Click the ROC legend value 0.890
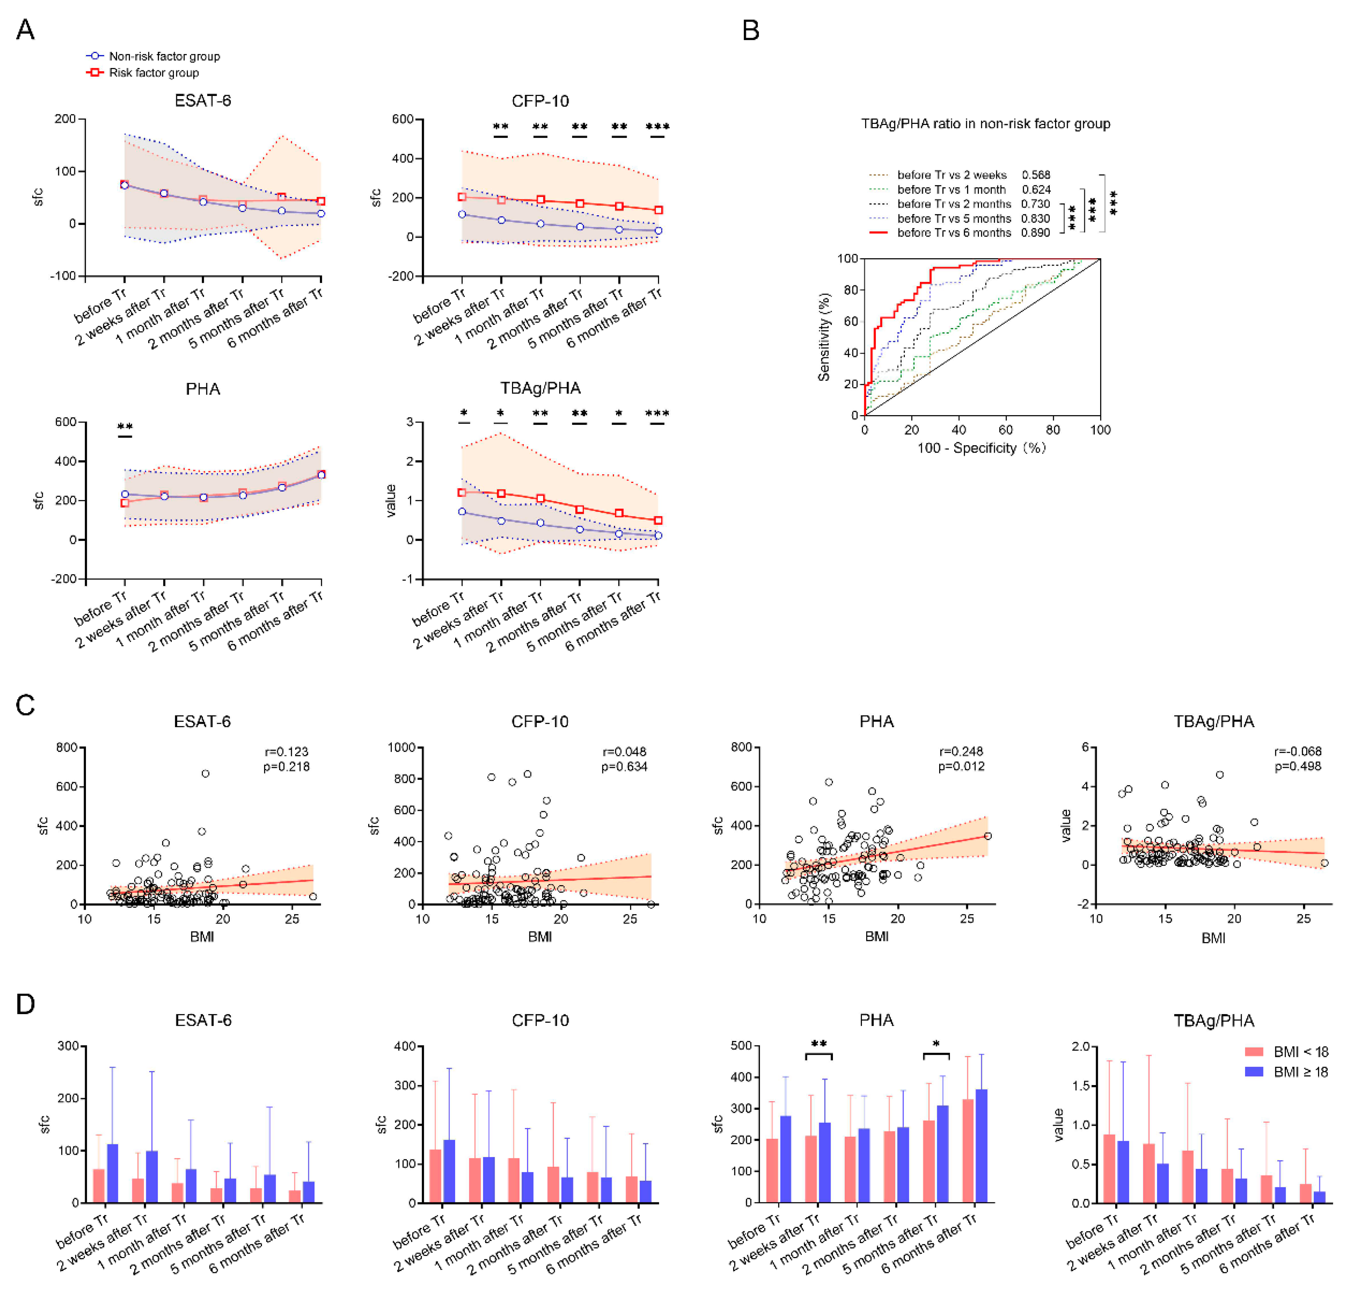tap(1035, 233)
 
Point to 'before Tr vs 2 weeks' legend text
tap(952, 175)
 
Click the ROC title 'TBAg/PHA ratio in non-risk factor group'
tap(985, 124)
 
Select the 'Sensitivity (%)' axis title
tap(824, 337)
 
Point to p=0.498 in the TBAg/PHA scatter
tap(1298, 766)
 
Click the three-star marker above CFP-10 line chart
tap(657, 127)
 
